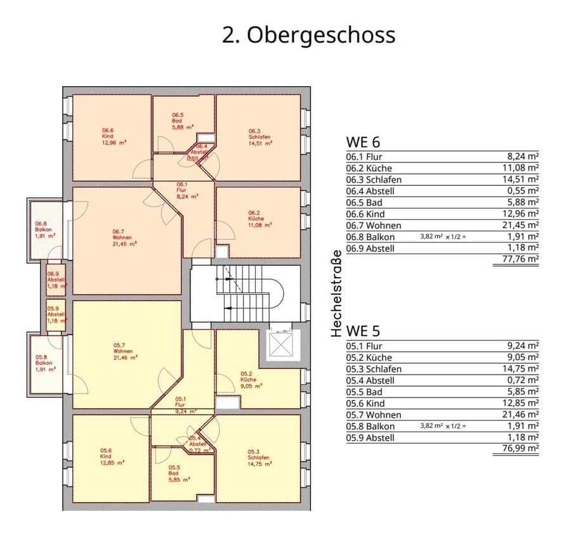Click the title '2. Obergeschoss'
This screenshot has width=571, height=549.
pyautogui.click(x=308, y=35)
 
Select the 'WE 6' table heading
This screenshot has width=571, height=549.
pyautogui.click(x=363, y=142)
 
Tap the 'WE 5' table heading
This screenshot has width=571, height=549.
pyautogui.click(x=363, y=332)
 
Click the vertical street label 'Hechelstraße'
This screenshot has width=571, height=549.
pyautogui.click(x=336, y=293)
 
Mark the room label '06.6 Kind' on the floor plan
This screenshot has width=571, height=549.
pyautogui.click(x=108, y=136)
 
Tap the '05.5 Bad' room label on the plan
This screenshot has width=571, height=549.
pyautogui.click(x=173, y=474)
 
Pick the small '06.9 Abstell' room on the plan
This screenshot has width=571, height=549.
pyautogui.click(x=55, y=280)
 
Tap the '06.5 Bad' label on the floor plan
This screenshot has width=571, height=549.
pyautogui.click(x=178, y=120)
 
